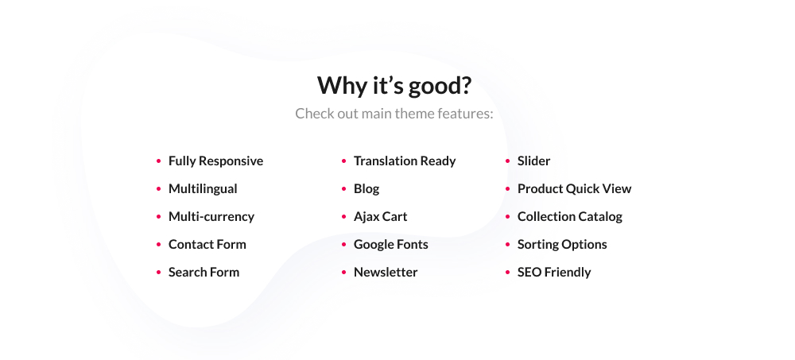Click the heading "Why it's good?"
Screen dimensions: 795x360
(394, 85)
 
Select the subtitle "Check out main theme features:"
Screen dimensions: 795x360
(394, 114)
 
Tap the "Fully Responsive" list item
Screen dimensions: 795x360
(215, 161)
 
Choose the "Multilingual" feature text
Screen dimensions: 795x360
(203, 188)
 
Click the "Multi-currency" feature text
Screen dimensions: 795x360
(211, 216)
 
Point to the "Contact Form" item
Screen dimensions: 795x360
(207, 245)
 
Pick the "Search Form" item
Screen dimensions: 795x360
(204, 273)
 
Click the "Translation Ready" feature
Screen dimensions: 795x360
(405, 161)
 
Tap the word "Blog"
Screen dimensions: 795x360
(366, 189)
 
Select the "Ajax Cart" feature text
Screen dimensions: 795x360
(380, 217)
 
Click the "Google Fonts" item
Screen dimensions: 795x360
(391, 245)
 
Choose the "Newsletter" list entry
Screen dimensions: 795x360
(386, 273)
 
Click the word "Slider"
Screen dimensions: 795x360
(534, 161)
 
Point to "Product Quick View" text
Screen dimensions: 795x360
(575, 188)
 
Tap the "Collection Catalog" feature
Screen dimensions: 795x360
(570, 216)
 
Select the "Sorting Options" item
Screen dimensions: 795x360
(562, 245)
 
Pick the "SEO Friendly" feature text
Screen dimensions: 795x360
(554, 273)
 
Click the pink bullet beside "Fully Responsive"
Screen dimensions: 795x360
(159, 161)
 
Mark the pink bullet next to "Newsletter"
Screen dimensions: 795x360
(343, 273)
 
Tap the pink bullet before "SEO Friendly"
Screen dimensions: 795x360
(507, 273)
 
